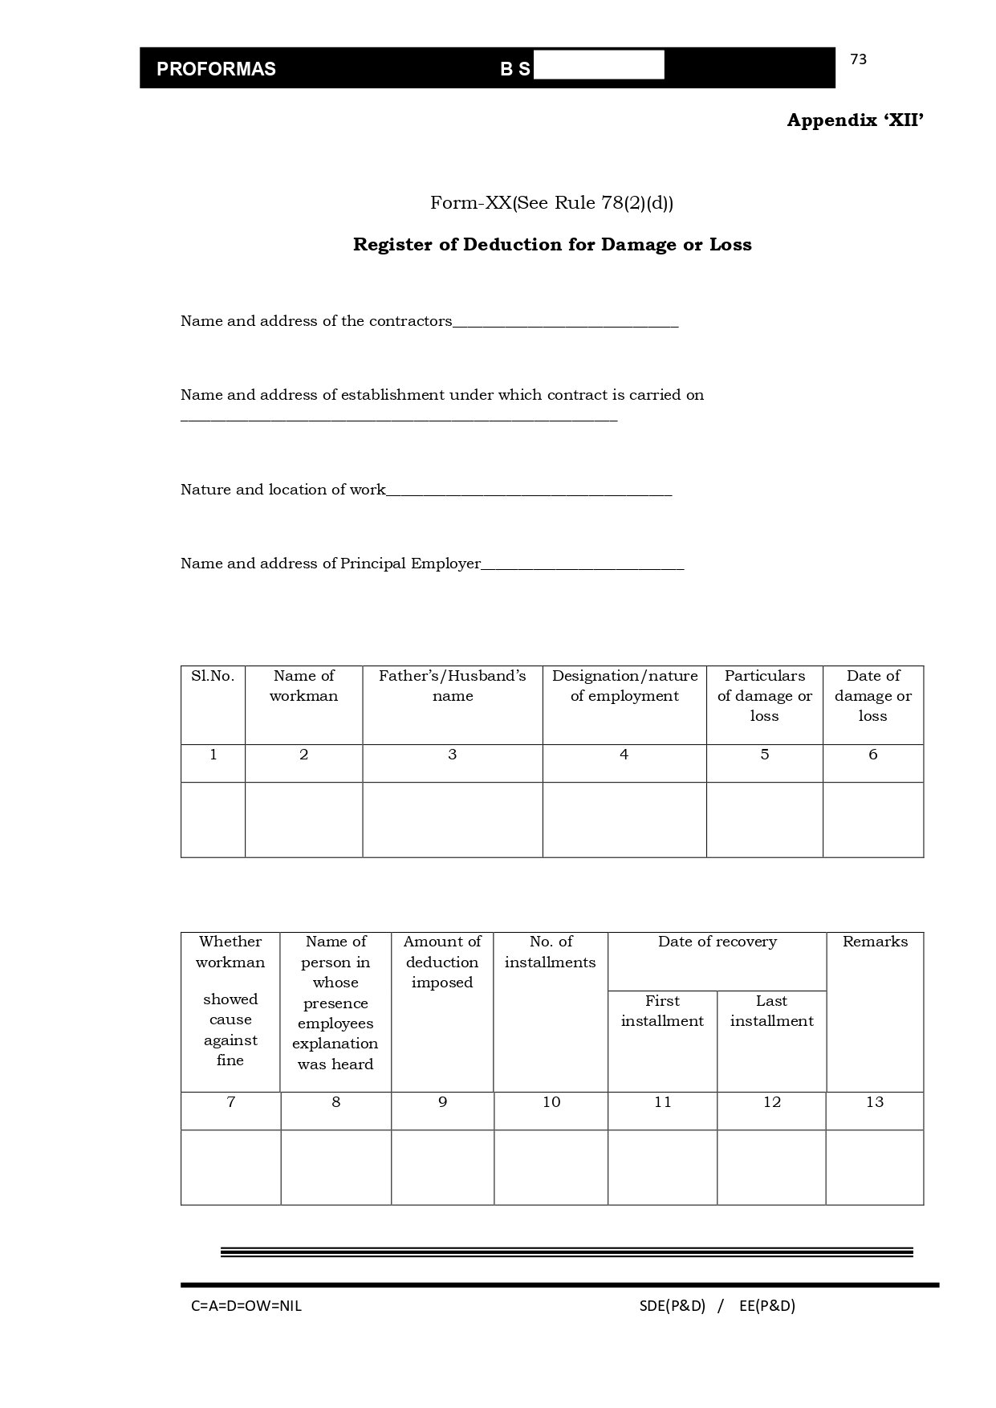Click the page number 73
tap(858, 59)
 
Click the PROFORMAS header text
tap(216, 69)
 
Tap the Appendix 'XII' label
tap(855, 120)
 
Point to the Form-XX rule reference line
tap(551, 203)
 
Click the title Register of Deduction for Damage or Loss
tap(552, 245)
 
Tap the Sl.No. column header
tap(213, 676)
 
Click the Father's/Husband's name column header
tap(453, 686)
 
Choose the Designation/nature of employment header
tap(624, 686)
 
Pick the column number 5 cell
tap(764, 755)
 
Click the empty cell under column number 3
tap(453, 820)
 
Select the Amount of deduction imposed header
tap(442, 962)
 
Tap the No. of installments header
tap(551, 952)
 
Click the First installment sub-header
tap(662, 1011)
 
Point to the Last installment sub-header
tap(771, 1011)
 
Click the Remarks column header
tap(875, 942)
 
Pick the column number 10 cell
tap(551, 1102)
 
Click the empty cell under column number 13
tap(875, 1167)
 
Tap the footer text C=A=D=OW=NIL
tap(246, 1306)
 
